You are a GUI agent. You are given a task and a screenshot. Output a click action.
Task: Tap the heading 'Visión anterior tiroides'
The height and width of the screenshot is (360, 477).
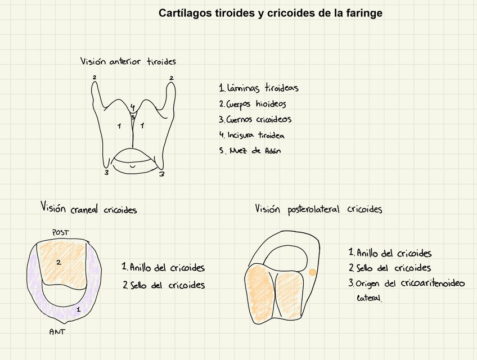click(128, 61)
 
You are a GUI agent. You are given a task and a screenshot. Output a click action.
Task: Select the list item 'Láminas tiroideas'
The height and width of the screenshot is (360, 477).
click(259, 88)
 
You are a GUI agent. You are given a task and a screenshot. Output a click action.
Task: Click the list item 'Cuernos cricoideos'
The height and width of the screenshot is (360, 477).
click(255, 119)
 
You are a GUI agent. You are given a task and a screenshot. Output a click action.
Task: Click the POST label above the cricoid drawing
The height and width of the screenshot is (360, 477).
click(60, 232)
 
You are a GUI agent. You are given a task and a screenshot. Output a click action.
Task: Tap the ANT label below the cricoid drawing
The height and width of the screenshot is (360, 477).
click(57, 332)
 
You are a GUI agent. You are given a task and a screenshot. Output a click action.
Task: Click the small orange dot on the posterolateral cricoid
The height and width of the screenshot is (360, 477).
click(313, 272)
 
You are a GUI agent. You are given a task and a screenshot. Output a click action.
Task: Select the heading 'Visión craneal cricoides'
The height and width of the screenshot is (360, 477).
click(88, 209)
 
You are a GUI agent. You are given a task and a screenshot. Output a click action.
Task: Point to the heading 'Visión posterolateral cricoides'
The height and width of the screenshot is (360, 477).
click(318, 209)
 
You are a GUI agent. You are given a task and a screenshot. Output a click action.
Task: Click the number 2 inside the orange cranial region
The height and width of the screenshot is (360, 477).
click(58, 262)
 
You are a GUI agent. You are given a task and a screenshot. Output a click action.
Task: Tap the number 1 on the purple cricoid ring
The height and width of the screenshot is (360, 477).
click(79, 309)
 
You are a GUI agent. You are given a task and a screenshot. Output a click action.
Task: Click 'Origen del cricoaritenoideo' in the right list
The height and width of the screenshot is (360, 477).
click(407, 283)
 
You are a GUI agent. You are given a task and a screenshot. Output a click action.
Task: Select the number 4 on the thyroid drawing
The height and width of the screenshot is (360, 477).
click(133, 107)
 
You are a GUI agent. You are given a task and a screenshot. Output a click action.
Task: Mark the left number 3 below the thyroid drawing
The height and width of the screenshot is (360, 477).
click(106, 173)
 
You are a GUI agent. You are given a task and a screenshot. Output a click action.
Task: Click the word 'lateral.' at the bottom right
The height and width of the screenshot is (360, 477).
click(369, 299)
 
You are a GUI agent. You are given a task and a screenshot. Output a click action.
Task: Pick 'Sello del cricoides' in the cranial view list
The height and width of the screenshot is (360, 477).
click(164, 285)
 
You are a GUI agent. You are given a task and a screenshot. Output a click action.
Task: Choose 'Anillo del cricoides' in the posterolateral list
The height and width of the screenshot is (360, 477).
click(390, 254)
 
